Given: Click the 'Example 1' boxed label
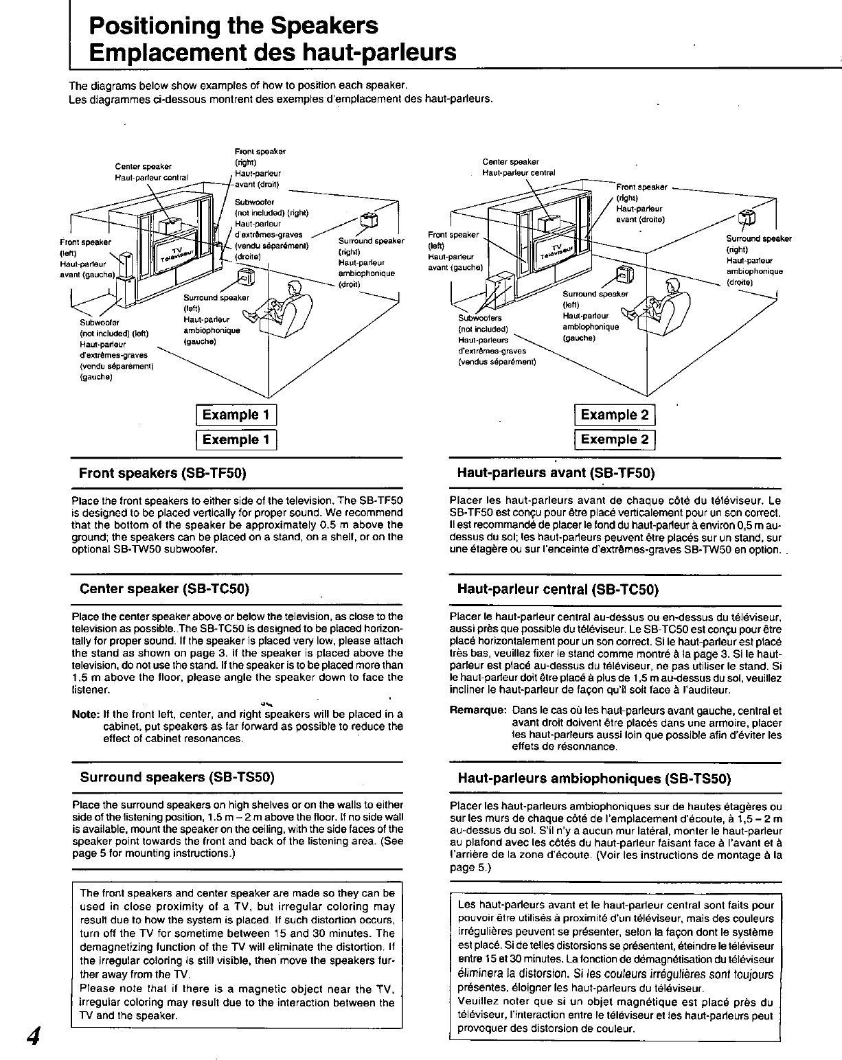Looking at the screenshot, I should [x=236, y=415].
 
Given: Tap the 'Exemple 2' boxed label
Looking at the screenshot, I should [x=615, y=439].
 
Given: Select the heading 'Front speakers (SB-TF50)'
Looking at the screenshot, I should [x=163, y=473].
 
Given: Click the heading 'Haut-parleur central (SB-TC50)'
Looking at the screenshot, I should [x=558, y=590].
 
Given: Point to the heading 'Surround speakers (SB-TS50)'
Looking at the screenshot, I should [x=177, y=777].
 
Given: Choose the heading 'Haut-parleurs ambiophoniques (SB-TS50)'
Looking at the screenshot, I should [x=594, y=779].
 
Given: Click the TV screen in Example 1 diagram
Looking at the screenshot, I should [x=176, y=255].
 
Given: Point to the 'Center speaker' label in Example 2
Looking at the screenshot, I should [x=510, y=162].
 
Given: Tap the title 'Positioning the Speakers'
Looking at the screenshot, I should [x=234, y=26].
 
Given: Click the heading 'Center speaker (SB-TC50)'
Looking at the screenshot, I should [x=164, y=589].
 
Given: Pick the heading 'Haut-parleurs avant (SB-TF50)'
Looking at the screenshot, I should [x=556, y=473].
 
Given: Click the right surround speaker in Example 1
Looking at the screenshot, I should [x=370, y=220].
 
